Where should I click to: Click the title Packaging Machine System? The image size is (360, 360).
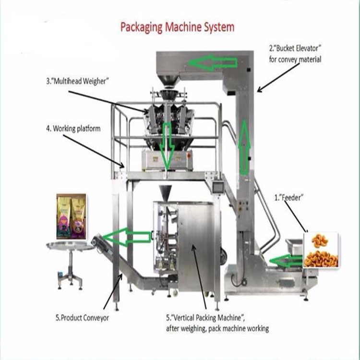pos(177,27)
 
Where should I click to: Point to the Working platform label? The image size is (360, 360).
pos(73,128)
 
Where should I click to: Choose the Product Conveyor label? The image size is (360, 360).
pos(82,317)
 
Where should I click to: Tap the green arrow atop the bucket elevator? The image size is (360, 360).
pos(212,62)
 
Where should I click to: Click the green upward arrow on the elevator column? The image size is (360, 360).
pos(244,146)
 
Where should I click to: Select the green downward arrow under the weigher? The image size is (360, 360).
pos(167,145)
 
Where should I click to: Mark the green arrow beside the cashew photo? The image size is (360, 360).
pos(287,261)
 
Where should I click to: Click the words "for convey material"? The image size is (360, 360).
pos(295,60)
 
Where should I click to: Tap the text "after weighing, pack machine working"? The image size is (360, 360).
pos(217,328)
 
